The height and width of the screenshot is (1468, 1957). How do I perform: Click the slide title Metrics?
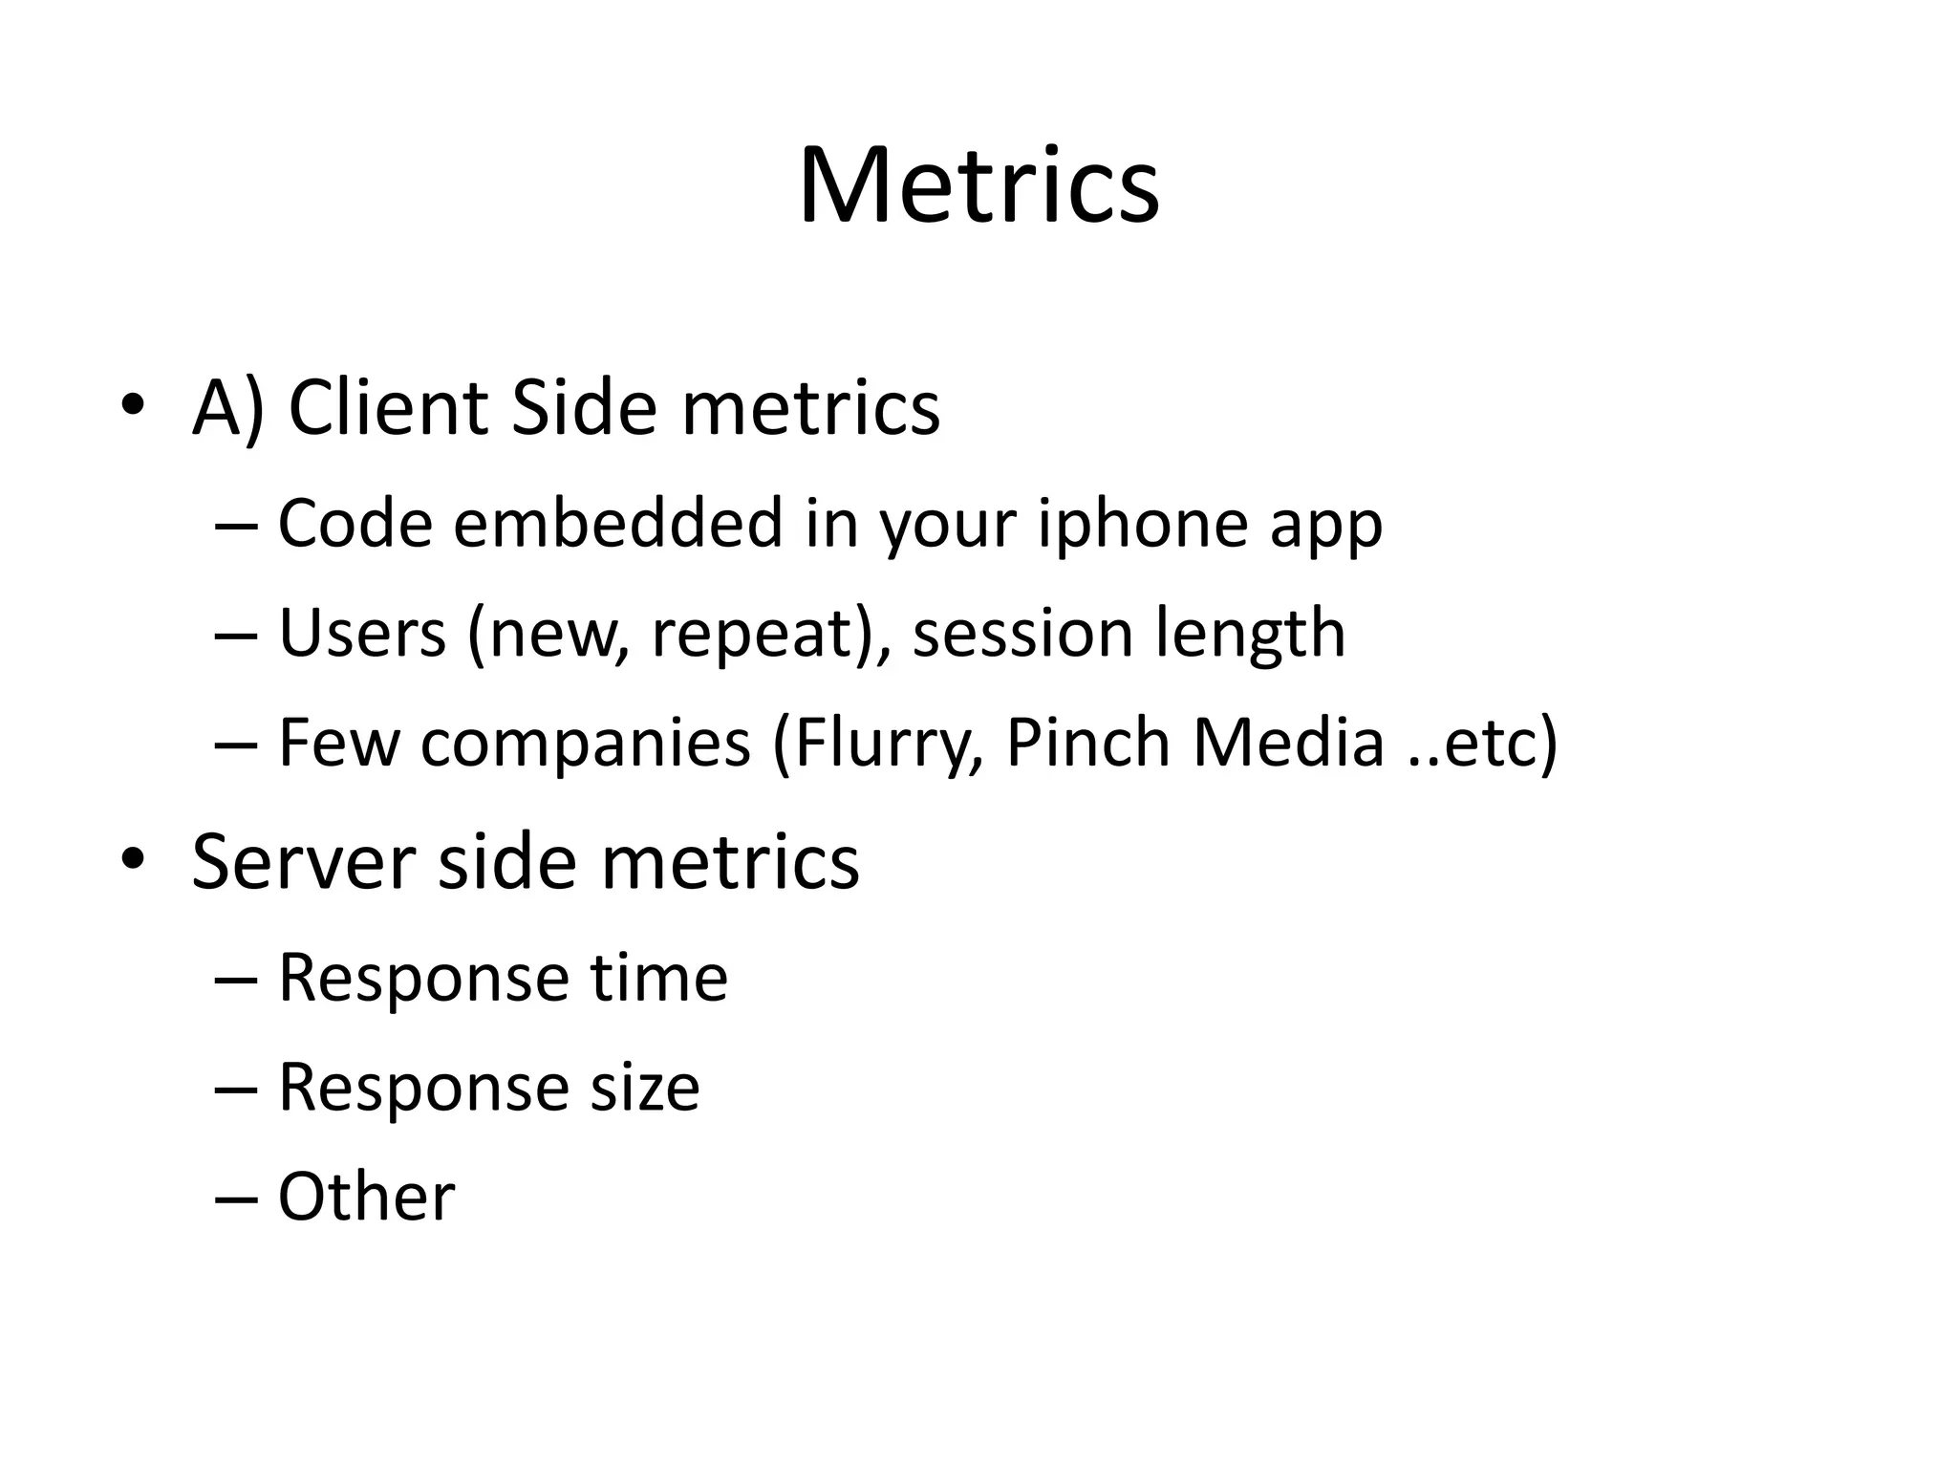pyautogui.click(x=978, y=186)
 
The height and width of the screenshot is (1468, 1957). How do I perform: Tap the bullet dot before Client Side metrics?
pyautogui.click(x=132, y=405)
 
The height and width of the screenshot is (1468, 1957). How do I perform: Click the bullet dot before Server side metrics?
pyautogui.click(x=132, y=859)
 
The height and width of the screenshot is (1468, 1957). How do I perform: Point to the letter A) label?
pyautogui.click(x=227, y=409)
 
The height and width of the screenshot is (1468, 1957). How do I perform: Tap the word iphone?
pyautogui.click(x=1143, y=525)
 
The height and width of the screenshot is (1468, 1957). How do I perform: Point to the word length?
pyautogui.click(x=1250, y=635)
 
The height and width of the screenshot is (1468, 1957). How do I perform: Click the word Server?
pyautogui.click(x=304, y=861)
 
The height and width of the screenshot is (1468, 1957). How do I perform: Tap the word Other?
pyautogui.click(x=366, y=1197)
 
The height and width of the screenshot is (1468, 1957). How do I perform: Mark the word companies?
pyautogui.click(x=585, y=744)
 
